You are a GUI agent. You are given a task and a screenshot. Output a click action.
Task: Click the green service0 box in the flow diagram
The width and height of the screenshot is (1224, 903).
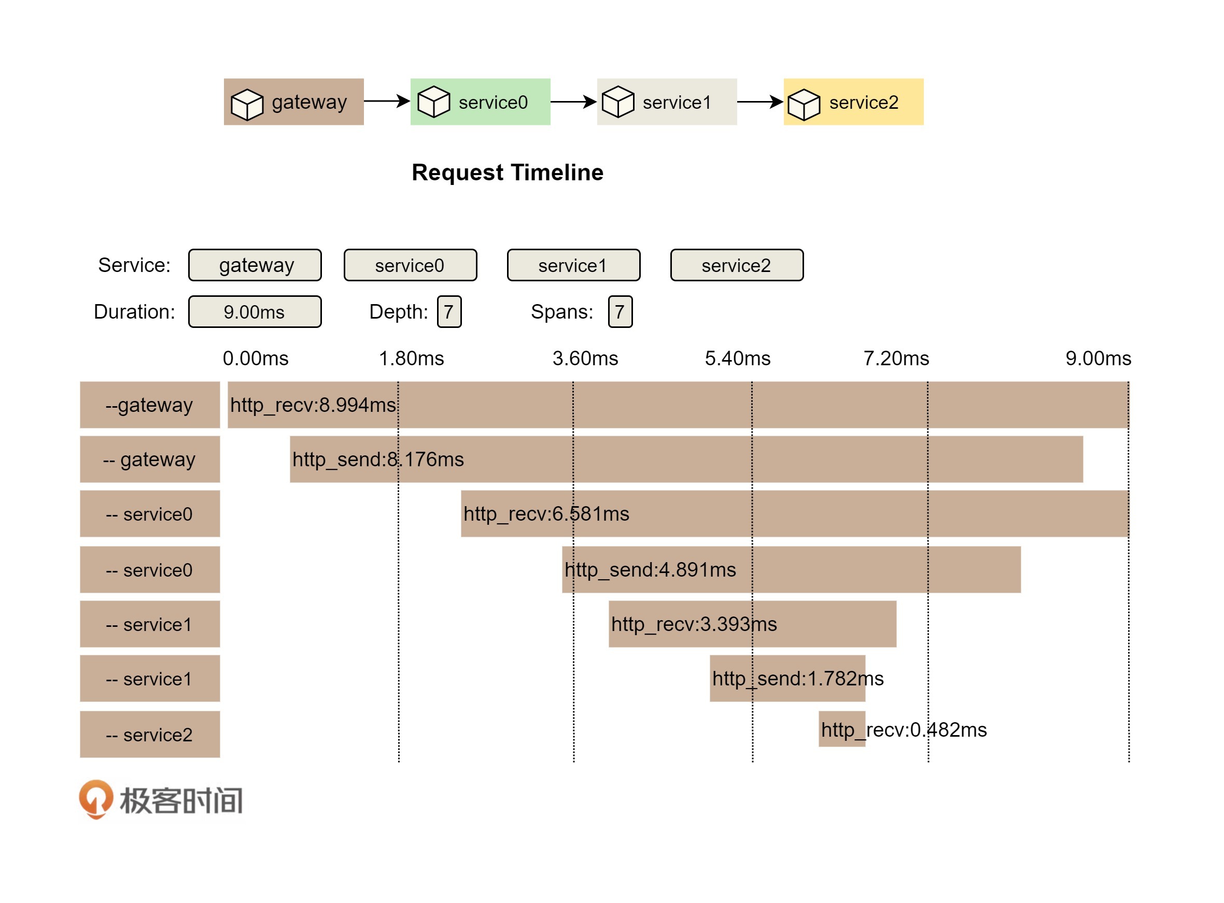click(480, 102)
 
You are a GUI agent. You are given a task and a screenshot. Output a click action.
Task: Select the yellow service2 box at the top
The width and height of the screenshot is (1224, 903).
click(853, 102)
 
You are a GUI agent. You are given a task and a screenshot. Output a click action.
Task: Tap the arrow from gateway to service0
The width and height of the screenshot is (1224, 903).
click(386, 101)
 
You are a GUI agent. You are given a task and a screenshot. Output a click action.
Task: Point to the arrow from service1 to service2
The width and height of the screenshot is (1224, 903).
click(759, 102)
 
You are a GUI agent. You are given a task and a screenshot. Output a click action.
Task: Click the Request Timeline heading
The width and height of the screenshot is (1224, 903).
click(508, 173)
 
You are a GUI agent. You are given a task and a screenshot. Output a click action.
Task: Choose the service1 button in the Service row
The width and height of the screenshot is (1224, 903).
click(573, 265)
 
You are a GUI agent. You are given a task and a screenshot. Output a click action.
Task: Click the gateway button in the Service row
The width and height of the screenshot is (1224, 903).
click(255, 265)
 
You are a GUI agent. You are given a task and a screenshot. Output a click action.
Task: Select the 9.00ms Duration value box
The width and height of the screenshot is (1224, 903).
click(255, 311)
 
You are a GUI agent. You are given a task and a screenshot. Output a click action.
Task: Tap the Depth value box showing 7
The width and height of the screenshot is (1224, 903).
click(449, 311)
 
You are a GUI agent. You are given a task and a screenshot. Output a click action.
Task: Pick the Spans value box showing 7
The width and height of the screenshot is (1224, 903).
click(620, 311)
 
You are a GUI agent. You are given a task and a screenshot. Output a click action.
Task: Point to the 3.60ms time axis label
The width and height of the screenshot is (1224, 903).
click(585, 359)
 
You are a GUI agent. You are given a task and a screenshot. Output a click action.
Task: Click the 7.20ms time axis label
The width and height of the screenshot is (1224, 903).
click(896, 359)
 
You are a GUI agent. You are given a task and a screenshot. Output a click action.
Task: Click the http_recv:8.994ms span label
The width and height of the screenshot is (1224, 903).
click(313, 405)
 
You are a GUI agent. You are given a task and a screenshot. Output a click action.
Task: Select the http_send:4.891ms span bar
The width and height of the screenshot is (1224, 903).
click(791, 569)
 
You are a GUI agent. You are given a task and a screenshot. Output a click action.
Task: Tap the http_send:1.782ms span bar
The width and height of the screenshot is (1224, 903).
click(787, 678)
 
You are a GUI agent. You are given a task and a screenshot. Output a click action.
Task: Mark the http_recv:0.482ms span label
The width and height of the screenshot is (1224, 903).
click(904, 730)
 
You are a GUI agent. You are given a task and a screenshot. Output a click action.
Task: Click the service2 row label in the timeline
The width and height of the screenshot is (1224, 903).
click(150, 734)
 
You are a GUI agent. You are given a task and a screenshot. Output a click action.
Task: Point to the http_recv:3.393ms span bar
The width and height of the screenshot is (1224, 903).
click(752, 624)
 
